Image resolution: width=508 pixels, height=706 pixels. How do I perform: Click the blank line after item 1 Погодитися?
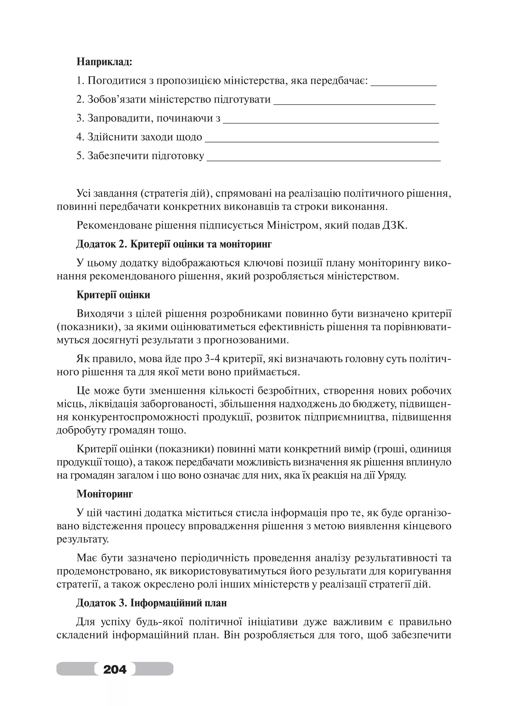point(404,85)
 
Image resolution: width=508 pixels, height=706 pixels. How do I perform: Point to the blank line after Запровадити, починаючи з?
point(331,122)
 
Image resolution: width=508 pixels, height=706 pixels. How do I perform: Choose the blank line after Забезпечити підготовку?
point(323,160)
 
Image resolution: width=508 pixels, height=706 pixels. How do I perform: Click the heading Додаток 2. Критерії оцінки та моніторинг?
point(174,244)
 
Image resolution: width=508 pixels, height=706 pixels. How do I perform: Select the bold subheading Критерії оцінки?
point(113,295)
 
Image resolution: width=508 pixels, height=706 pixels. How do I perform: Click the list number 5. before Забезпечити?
point(80,156)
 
